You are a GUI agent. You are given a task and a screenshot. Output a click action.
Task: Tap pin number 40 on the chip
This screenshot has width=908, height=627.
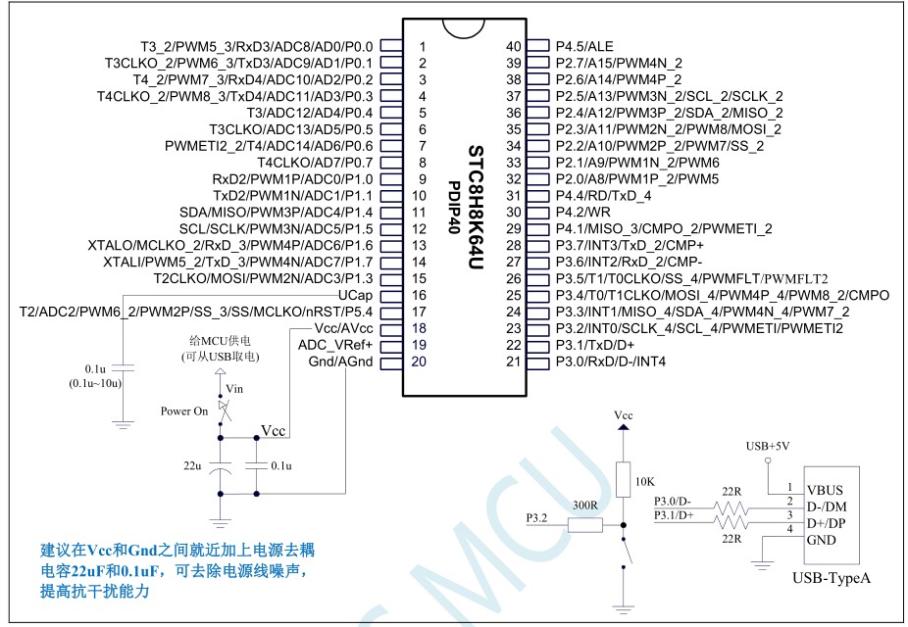point(513,46)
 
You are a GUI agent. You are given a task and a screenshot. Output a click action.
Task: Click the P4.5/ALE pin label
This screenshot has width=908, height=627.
point(584,46)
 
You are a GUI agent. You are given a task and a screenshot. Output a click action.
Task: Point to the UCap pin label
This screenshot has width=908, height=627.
point(353,295)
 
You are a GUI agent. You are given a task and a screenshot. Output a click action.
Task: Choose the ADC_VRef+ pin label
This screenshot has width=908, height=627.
point(335,345)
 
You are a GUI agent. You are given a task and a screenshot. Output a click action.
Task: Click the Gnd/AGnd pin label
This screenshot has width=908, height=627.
point(341,362)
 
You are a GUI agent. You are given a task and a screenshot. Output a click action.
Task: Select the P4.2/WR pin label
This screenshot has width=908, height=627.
point(582,212)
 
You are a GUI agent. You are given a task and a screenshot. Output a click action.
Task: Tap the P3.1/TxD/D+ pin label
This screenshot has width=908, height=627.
point(594,345)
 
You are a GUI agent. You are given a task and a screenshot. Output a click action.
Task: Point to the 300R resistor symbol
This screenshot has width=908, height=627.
point(584,525)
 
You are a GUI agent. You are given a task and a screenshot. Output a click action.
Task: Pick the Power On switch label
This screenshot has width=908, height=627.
point(184,411)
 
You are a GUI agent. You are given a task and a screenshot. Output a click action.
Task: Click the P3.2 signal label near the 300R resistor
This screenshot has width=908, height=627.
point(537,516)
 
